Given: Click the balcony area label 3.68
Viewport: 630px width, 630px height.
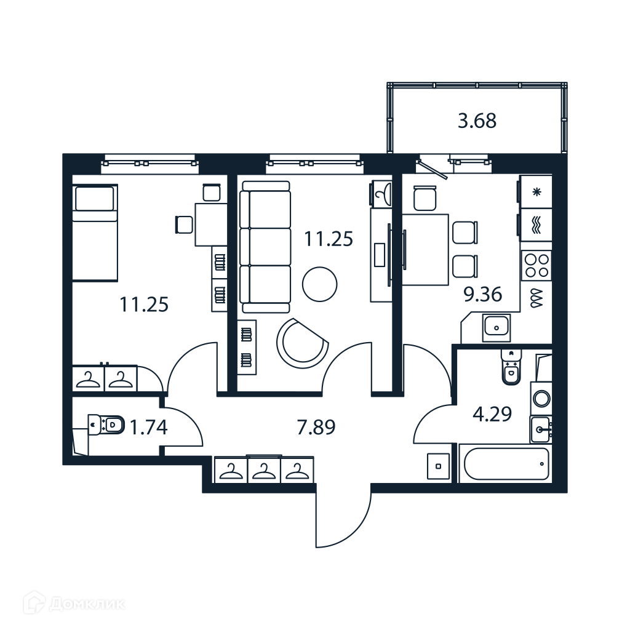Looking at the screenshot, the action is point(477,121).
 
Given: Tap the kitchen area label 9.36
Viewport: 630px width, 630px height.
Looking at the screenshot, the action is point(482,295).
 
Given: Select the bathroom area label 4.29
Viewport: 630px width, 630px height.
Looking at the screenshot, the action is point(492,414).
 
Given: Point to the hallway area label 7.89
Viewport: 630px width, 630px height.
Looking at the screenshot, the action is point(316,427).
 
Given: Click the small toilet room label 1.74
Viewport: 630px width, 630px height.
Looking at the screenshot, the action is point(148,427).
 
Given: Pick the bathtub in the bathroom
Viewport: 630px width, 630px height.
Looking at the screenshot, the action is point(506,464).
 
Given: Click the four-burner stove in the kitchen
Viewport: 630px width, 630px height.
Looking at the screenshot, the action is point(536,265).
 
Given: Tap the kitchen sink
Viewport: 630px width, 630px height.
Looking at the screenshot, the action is point(496,327).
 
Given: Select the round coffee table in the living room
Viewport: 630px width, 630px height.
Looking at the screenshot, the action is point(319,284).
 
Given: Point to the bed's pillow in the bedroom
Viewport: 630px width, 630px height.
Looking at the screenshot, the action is point(95,199).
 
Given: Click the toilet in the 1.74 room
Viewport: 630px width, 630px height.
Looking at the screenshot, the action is point(106,425).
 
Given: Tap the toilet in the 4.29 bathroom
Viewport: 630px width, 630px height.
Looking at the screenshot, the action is point(511,367).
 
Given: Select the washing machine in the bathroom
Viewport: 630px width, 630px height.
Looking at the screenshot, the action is point(541,399).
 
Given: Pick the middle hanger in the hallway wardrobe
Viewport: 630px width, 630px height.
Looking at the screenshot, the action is point(263,470).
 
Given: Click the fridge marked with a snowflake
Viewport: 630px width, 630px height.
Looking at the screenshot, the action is point(536,192).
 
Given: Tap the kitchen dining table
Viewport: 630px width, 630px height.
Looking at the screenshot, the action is point(425,250).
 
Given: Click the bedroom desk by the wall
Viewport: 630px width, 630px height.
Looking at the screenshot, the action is point(210,225).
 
